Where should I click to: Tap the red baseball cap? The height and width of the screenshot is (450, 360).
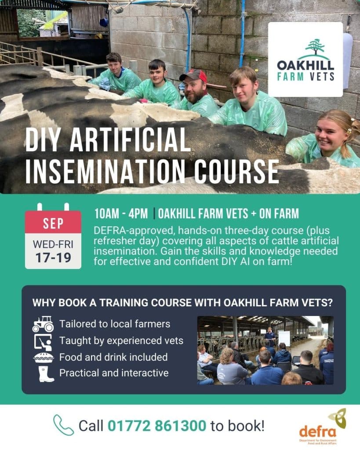tap(194, 76)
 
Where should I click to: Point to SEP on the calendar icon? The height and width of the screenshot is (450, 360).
tap(53, 223)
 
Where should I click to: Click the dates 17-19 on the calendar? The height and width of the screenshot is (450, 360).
tap(53, 258)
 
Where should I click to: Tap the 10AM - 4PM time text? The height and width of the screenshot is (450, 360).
tap(121, 214)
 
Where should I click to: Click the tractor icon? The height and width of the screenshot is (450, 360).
tap(43, 324)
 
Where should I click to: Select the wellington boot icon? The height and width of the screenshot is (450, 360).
tap(46, 374)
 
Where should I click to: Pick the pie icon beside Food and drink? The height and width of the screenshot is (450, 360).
tap(44, 358)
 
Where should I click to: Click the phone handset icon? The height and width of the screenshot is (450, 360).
tap(63, 425)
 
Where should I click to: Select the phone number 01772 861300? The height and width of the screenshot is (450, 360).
tap(157, 426)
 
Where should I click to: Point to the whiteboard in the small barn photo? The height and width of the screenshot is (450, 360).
tap(284, 339)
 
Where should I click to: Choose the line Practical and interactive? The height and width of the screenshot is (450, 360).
tap(114, 373)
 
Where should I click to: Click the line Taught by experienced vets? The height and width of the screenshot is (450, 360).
tap(121, 341)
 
